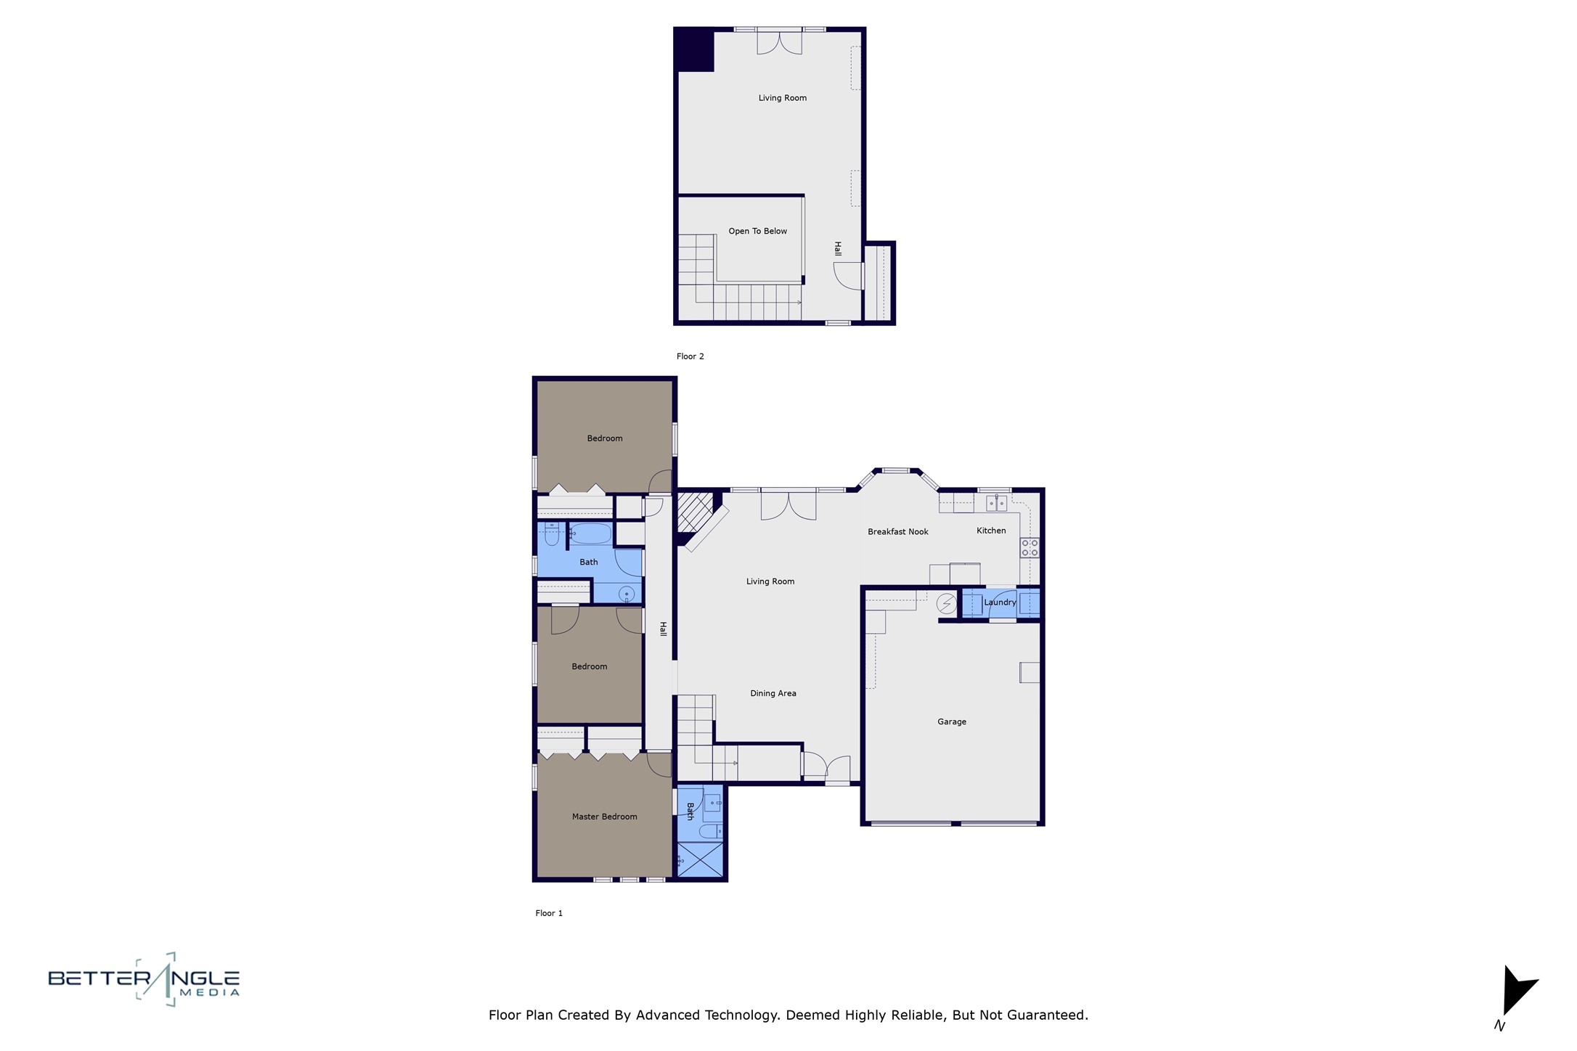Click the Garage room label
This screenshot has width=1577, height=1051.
[x=951, y=721]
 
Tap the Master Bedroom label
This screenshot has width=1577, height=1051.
[x=604, y=817]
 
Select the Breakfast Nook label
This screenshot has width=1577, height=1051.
[x=897, y=532]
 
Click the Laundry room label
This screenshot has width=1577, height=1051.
[x=999, y=602]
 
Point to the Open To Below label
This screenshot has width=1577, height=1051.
[x=757, y=232]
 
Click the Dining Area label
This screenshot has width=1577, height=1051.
[x=773, y=693]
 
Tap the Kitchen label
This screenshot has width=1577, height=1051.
[x=990, y=531]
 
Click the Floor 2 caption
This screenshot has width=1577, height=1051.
[x=690, y=356]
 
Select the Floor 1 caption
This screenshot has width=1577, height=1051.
[x=549, y=913]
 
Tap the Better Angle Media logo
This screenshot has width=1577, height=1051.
[x=144, y=980]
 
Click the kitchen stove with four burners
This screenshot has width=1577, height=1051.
[x=1029, y=547]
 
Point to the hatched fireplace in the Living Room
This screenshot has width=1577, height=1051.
[x=694, y=512]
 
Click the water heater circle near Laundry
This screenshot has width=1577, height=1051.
[x=946, y=603]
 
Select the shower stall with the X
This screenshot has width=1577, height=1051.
[x=700, y=859]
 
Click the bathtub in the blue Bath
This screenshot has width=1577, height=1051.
[x=590, y=533]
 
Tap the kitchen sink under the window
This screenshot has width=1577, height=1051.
[x=996, y=503]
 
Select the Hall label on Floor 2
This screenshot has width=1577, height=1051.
[x=837, y=249]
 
